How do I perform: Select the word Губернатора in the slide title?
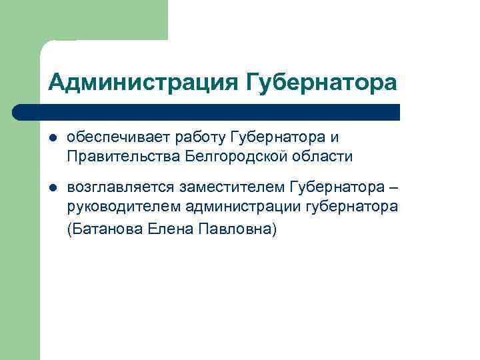pyautogui.click(x=321, y=83)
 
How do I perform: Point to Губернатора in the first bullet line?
pyautogui.click(x=277, y=137)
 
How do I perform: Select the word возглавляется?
pyautogui.click(x=120, y=184)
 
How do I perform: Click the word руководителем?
pyautogui.click(x=124, y=207)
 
